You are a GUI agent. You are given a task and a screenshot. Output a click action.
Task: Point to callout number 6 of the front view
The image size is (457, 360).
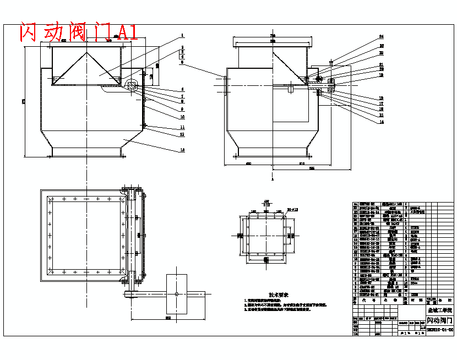(x=182, y=89)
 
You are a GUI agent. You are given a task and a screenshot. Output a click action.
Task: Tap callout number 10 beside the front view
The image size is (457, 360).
(x=182, y=117)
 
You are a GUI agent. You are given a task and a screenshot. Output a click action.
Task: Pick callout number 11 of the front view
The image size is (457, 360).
(x=182, y=127)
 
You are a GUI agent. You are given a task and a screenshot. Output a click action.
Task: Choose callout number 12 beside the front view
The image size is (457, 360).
(x=182, y=134)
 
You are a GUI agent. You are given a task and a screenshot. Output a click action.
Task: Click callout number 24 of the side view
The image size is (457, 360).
(x=381, y=36)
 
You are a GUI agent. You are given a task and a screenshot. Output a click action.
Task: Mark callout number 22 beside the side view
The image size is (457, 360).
(x=381, y=53)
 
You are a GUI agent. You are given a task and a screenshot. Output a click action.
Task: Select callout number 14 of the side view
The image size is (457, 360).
(x=381, y=122)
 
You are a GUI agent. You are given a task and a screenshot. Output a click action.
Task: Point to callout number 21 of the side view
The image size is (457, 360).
(x=381, y=64)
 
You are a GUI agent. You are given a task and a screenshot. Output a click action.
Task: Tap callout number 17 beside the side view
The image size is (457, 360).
(x=381, y=103)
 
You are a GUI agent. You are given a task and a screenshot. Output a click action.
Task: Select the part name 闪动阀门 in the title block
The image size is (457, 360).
(x=440, y=320)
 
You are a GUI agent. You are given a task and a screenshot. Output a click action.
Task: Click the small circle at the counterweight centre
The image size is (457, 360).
(x=176, y=294)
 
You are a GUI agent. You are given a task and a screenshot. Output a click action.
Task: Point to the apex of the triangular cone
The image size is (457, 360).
(x=87, y=53)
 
